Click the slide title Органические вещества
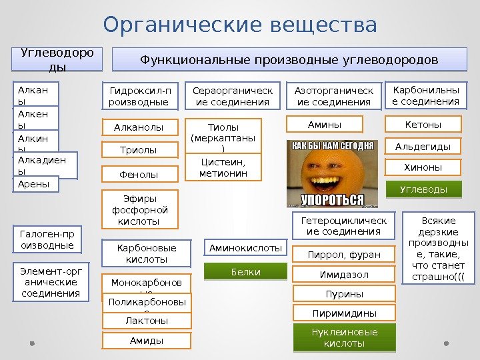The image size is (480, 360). coord(240,25)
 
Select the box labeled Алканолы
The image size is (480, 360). coord(139,127)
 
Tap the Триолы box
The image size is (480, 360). coord(139,151)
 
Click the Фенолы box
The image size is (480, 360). coord(139,175)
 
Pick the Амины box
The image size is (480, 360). coord(324,124)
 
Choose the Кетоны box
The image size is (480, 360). coord(423,124)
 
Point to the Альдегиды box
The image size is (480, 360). coord(423,146)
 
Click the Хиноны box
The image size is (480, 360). coord(423,167)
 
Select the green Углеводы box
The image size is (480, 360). coord(423,190)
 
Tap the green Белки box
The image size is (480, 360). coord(245,272)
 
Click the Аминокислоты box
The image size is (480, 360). coord(245,248)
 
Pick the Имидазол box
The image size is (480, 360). coord(343,274)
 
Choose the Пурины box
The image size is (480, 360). coord(343,294)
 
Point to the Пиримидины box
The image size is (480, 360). coord(343,313)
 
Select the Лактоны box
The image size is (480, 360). coord(147,321)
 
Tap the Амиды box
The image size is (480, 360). coord(147,341)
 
